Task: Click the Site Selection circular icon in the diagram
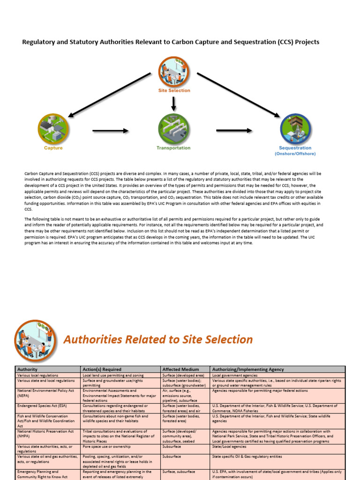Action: click(173, 71)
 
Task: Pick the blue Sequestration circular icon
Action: click(295, 128)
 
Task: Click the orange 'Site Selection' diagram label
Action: click(174, 90)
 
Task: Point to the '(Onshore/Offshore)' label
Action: click(295, 154)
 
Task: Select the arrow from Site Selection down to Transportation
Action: click(174, 104)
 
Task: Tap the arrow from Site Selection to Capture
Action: click(110, 94)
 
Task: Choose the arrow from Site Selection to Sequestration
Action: click(238, 94)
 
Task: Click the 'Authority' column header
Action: click(27, 369)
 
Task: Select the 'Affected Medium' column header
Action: click(180, 369)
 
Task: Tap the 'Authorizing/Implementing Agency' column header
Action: click(248, 369)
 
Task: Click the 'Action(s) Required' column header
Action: click(102, 369)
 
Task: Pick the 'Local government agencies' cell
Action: click(235, 375)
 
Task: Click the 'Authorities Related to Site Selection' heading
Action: click(157, 339)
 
